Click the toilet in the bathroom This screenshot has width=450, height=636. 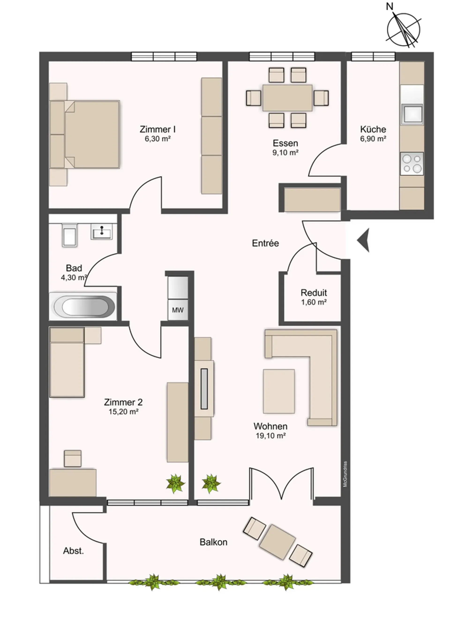(x=70, y=235)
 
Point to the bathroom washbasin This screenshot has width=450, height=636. (x=101, y=232)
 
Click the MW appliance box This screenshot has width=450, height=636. (x=178, y=310)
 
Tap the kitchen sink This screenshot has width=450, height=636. (x=412, y=114)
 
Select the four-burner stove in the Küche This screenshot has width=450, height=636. (x=412, y=164)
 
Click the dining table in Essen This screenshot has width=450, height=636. (x=287, y=98)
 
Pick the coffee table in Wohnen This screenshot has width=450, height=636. (x=279, y=391)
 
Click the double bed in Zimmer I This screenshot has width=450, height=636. (x=85, y=134)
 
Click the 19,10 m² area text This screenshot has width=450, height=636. (x=271, y=436)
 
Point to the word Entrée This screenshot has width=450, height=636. (x=265, y=243)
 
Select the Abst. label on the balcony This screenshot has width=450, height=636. (x=73, y=551)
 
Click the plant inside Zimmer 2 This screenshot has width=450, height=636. (x=175, y=484)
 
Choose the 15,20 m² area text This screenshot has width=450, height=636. (x=123, y=412)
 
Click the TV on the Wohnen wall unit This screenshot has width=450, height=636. (x=204, y=389)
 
